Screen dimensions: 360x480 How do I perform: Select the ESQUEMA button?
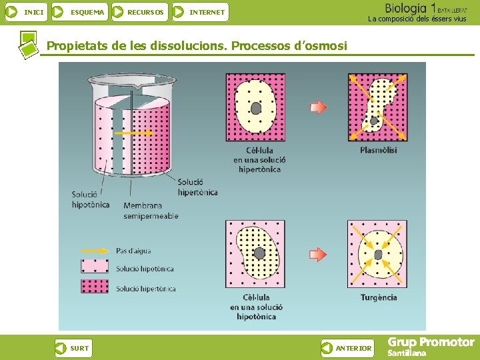[x=79, y=11]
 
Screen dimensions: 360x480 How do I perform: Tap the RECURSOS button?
[x=139, y=11]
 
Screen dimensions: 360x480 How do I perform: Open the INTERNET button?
[x=200, y=11]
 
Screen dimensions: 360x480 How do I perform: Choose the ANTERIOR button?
[x=347, y=347]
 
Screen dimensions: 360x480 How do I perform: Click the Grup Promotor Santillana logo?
[x=431, y=346]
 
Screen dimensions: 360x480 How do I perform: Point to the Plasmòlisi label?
[x=378, y=150]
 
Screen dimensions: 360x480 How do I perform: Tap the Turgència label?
[x=379, y=297]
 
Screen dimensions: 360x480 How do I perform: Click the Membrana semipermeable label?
[x=151, y=211]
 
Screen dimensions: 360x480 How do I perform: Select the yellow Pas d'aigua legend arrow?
[x=95, y=251]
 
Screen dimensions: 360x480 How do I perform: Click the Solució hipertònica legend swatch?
[x=95, y=287]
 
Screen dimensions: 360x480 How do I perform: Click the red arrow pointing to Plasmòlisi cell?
[x=319, y=107]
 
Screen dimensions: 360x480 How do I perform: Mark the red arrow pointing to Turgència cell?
[x=319, y=254]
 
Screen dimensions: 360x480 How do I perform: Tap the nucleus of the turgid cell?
[x=378, y=255]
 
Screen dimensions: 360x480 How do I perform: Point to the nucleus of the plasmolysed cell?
[x=374, y=121]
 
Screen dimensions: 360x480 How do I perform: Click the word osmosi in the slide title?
[x=326, y=46]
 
